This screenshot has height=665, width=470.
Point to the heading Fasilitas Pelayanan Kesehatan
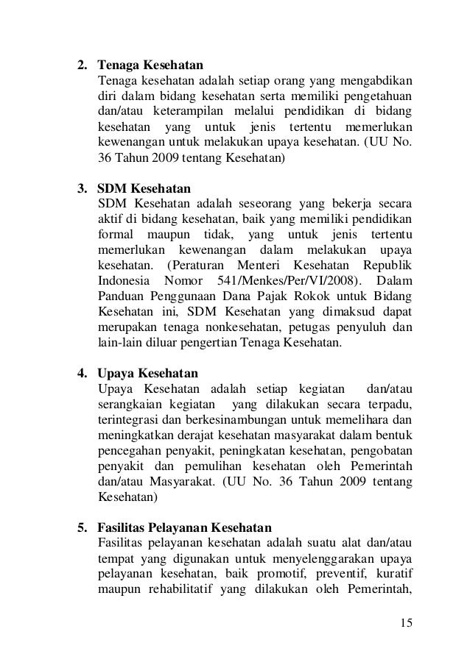[x=184, y=527]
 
